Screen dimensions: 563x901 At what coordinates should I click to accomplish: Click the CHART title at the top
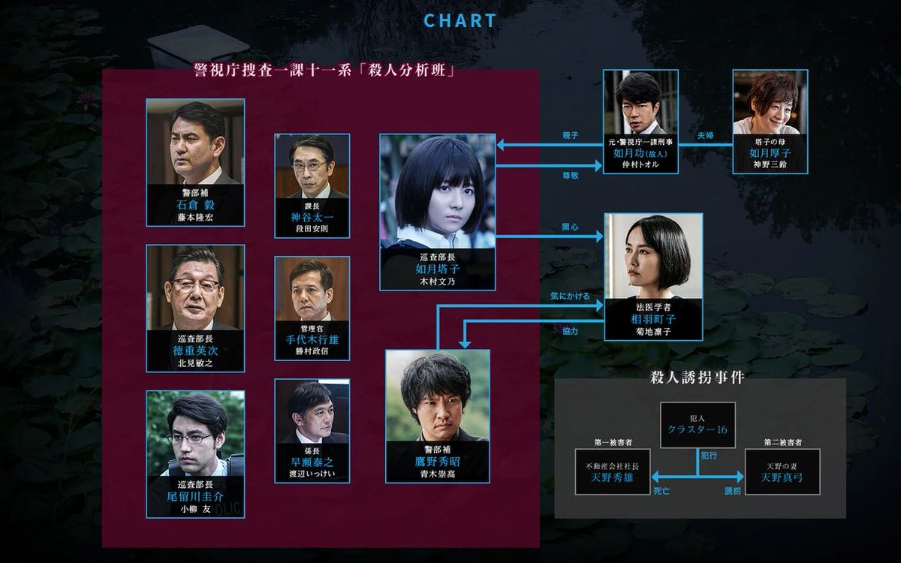tap(460, 20)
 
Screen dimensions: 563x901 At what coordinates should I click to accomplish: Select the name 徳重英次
tap(195, 350)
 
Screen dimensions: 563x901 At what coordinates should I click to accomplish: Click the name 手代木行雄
tap(312, 339)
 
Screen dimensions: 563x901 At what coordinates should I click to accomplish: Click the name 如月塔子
tap(438, 267)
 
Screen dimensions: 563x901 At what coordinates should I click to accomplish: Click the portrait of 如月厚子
tap(770, 107)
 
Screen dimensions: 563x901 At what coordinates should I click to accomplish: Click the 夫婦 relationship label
tap(706, 135)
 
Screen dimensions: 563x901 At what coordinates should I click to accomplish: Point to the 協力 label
tap(570, 331)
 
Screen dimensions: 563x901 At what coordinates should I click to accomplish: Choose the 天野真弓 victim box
tap(782, 472)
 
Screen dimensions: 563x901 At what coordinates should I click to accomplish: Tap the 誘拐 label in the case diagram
tap(732, 491)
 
